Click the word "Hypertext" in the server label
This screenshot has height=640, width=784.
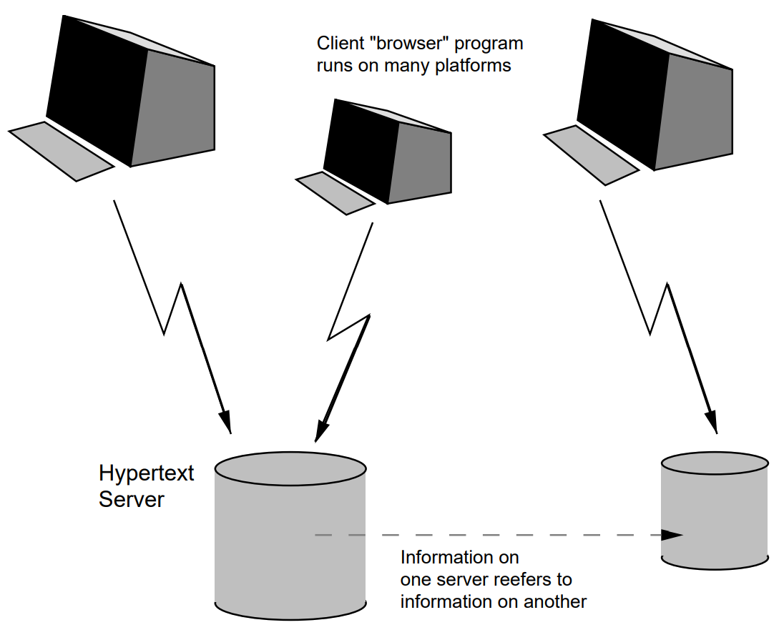pyautogui.click(x=146, y=474)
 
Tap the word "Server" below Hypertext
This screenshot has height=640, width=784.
pyautogui.click(x=131, y=499)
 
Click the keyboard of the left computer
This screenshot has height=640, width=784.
pyautogui.click(x=61, y=151)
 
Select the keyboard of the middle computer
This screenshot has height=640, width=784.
pyautogui.click(x=335, y=193)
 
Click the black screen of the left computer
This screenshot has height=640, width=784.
pyautogui.click(x=97, y=89)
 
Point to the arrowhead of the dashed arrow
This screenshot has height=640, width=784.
pyautogui.click(x=672, y=535)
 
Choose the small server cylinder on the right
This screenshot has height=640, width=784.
pyautogui.click(x=715, y=511)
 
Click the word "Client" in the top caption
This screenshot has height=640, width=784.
pyautogui.click(x=337, y=44)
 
